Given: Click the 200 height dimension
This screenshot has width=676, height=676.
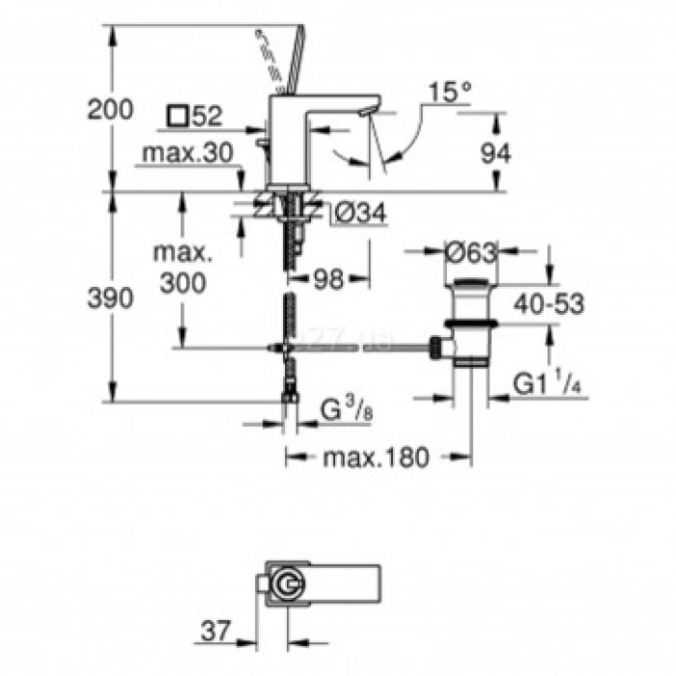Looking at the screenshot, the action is point(110,110).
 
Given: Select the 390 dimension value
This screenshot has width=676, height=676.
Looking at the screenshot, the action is point(110,299).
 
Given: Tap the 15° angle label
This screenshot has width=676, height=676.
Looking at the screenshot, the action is point(451,94).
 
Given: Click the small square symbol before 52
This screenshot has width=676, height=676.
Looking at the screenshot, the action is point(176,117).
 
